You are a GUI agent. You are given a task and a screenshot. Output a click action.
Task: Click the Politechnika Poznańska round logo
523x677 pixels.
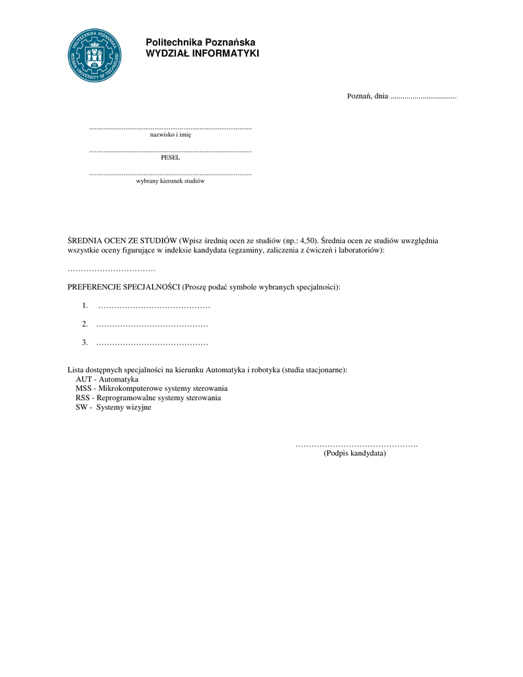coord(95,56)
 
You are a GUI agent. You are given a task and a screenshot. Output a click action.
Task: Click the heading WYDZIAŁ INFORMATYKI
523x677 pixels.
coord(202,54)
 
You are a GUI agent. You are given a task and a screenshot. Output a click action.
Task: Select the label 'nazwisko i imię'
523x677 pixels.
coord(171,135)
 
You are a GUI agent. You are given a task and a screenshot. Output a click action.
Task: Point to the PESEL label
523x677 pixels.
coord(171,157)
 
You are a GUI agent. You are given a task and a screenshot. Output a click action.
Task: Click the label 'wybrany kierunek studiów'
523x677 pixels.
coord(171,180)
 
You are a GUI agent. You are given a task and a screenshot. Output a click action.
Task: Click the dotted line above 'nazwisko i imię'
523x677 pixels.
coord(171,127)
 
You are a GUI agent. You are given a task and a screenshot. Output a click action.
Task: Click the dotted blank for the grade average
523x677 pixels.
coord(112,270)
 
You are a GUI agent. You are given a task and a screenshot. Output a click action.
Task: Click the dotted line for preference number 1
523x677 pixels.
coord(154,306)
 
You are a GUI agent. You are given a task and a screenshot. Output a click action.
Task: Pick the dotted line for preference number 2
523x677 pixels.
coord(152,325)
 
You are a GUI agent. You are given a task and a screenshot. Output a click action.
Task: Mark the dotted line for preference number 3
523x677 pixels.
coord(152,343)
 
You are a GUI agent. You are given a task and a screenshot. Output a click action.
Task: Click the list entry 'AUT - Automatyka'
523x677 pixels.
coord(107,379)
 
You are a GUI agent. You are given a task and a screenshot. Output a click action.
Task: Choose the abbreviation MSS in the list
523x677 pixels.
coord(83,389)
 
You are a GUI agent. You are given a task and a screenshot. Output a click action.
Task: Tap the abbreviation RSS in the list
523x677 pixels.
coord(83,398)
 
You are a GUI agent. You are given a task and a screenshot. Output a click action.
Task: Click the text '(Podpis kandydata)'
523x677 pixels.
coord(355,454)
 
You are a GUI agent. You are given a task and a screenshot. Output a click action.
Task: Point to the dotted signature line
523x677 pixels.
coord(356,445)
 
